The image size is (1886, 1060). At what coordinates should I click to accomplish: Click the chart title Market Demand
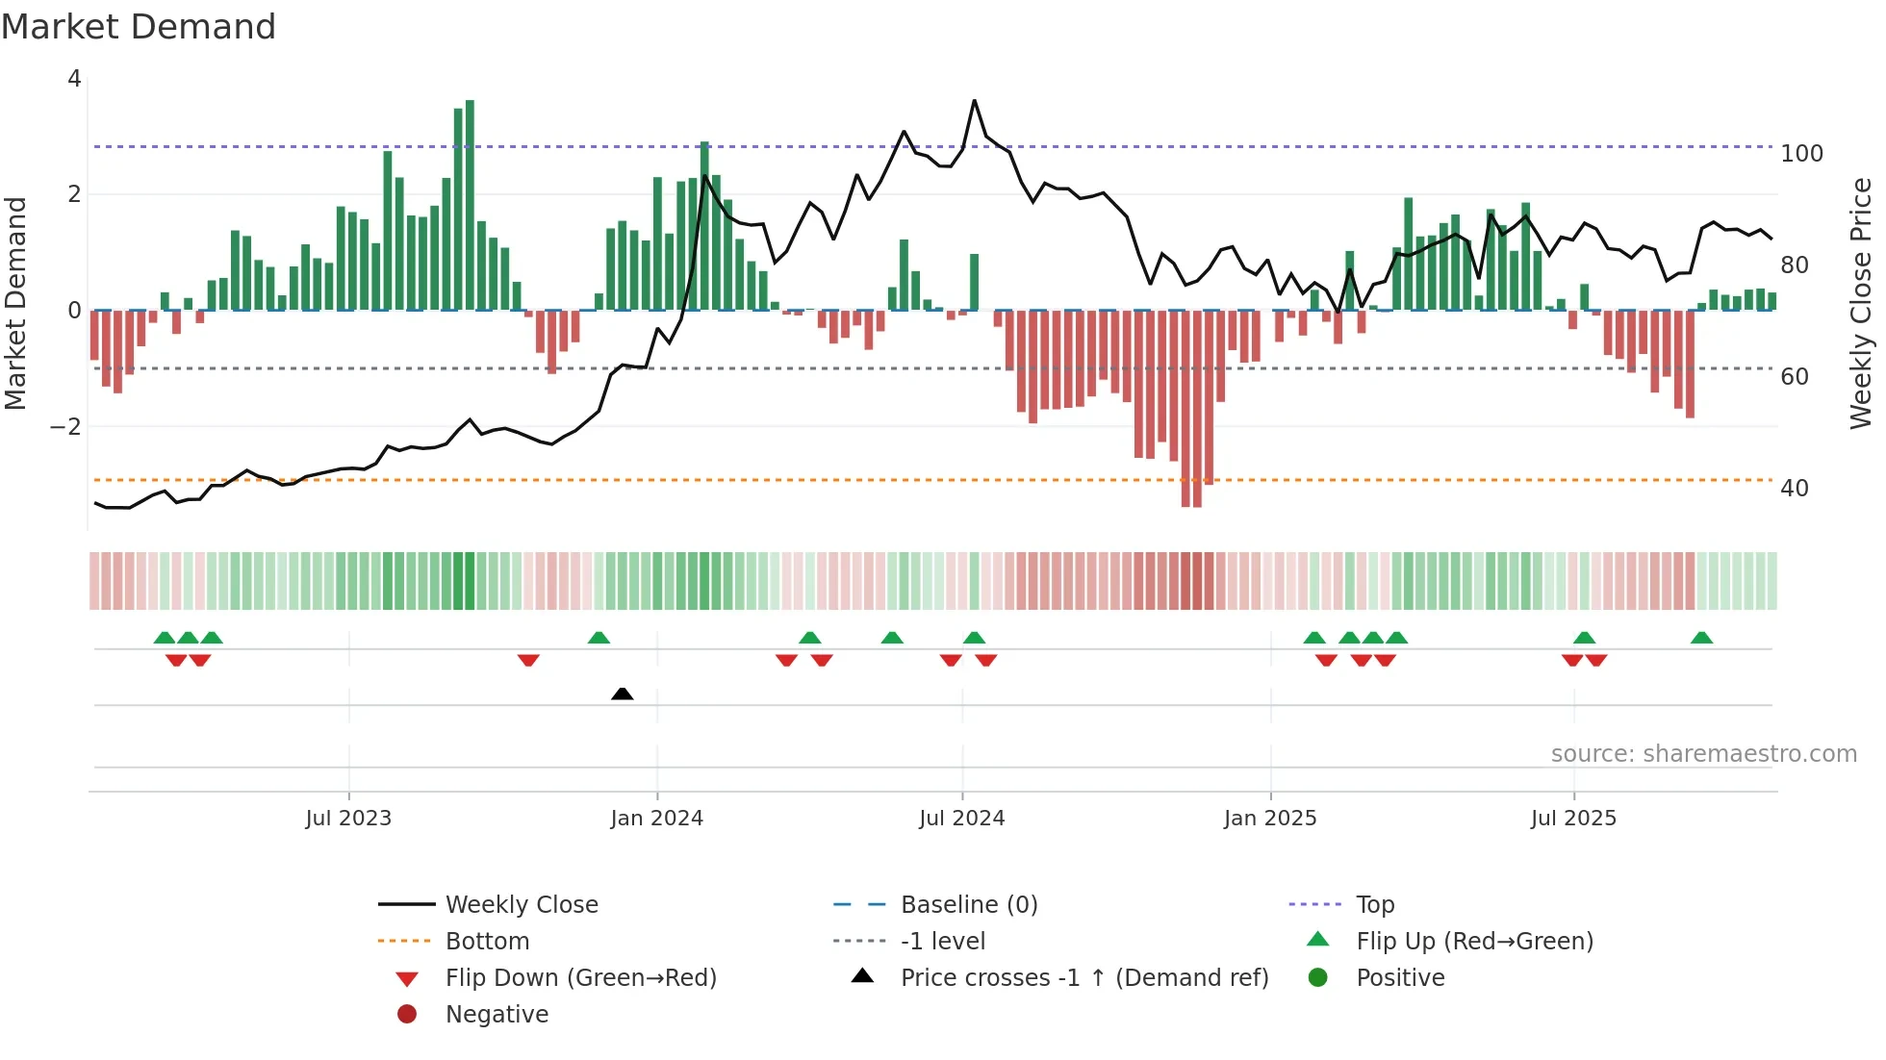pyautogui.click(x=139, y=27)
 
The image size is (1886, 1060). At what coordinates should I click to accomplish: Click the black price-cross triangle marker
pyautogui.click(x=623, y=694)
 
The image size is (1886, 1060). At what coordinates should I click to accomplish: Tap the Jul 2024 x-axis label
pyautogui.click(x=961, y=819)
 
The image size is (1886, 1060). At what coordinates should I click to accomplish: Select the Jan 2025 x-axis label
pyautogui.click(x=1270, y=819)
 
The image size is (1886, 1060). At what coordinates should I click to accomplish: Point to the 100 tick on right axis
pyautogui.click(x=1801, y=154)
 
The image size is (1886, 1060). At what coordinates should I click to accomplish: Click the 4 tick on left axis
pyautogui.click(x=74, y=79)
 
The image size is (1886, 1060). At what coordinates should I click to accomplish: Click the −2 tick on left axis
pyautogui.click(x=65, y=427)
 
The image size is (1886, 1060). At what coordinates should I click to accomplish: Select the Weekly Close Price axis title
pyautogui.click(x=1861, y=303)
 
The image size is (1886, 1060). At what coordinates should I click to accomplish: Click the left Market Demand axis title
pyautogui.click(x=15, y=303)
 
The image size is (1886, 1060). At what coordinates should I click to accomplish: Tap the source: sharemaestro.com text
pyautogui.click(x=1703, y=754)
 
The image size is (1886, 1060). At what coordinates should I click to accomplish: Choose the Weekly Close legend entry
pyautogui.click(x=521, y=905)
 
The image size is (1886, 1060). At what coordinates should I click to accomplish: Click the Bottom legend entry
pyautogui.click(x=487, y=942)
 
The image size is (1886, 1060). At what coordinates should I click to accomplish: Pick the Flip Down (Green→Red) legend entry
pyautogui.click(x=580, y=978)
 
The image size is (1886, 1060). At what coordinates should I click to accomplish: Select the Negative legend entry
pyautogui.click(x=497, y=1015)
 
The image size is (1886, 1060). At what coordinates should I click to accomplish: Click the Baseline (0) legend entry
pyautogui.click(x=968, y=905)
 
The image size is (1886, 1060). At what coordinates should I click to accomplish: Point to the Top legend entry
pyautogui.click(x=1375, y=905)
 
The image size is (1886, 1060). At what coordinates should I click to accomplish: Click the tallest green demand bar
pyautogui.click(x=470, y=204)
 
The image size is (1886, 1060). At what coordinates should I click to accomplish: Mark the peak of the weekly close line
pyautogui.click(x=974, y=100)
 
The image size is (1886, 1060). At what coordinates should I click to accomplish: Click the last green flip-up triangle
pyautogui.click(x=1701, y=638)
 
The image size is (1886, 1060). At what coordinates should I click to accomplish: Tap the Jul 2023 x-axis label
pyautogui.click(x=348, y=819)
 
